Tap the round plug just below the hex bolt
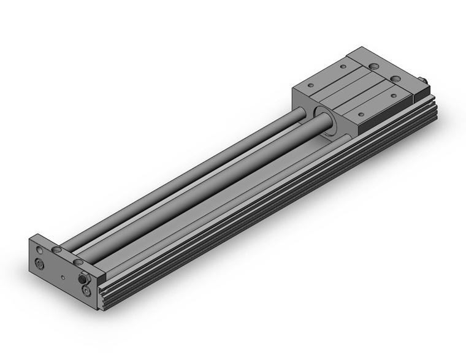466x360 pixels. coord(86,289)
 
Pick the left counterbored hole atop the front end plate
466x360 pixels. coord(56,250)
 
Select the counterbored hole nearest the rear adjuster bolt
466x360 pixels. coord(395,79)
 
